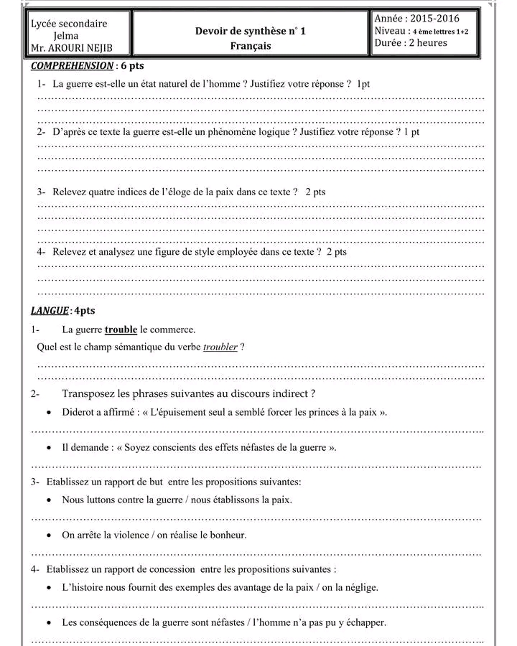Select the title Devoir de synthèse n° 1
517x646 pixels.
(x=251, y=31)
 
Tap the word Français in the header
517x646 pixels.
(x=251, y=46)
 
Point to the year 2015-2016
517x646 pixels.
(x=433, y=19)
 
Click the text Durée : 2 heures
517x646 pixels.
(x=411, y=43)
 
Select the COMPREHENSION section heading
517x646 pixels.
(x=72, y=66)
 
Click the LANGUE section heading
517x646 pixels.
(x=50, y=311)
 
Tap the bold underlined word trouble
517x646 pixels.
(x=121, y=329)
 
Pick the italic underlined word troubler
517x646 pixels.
(x=220, y=347)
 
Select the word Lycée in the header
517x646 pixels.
(x=45, y=24)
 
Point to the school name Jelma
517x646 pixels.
(x=66, y=36)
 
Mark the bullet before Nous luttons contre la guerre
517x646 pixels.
(x=48, y=500)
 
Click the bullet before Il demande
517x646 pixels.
(x=48, y=448)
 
